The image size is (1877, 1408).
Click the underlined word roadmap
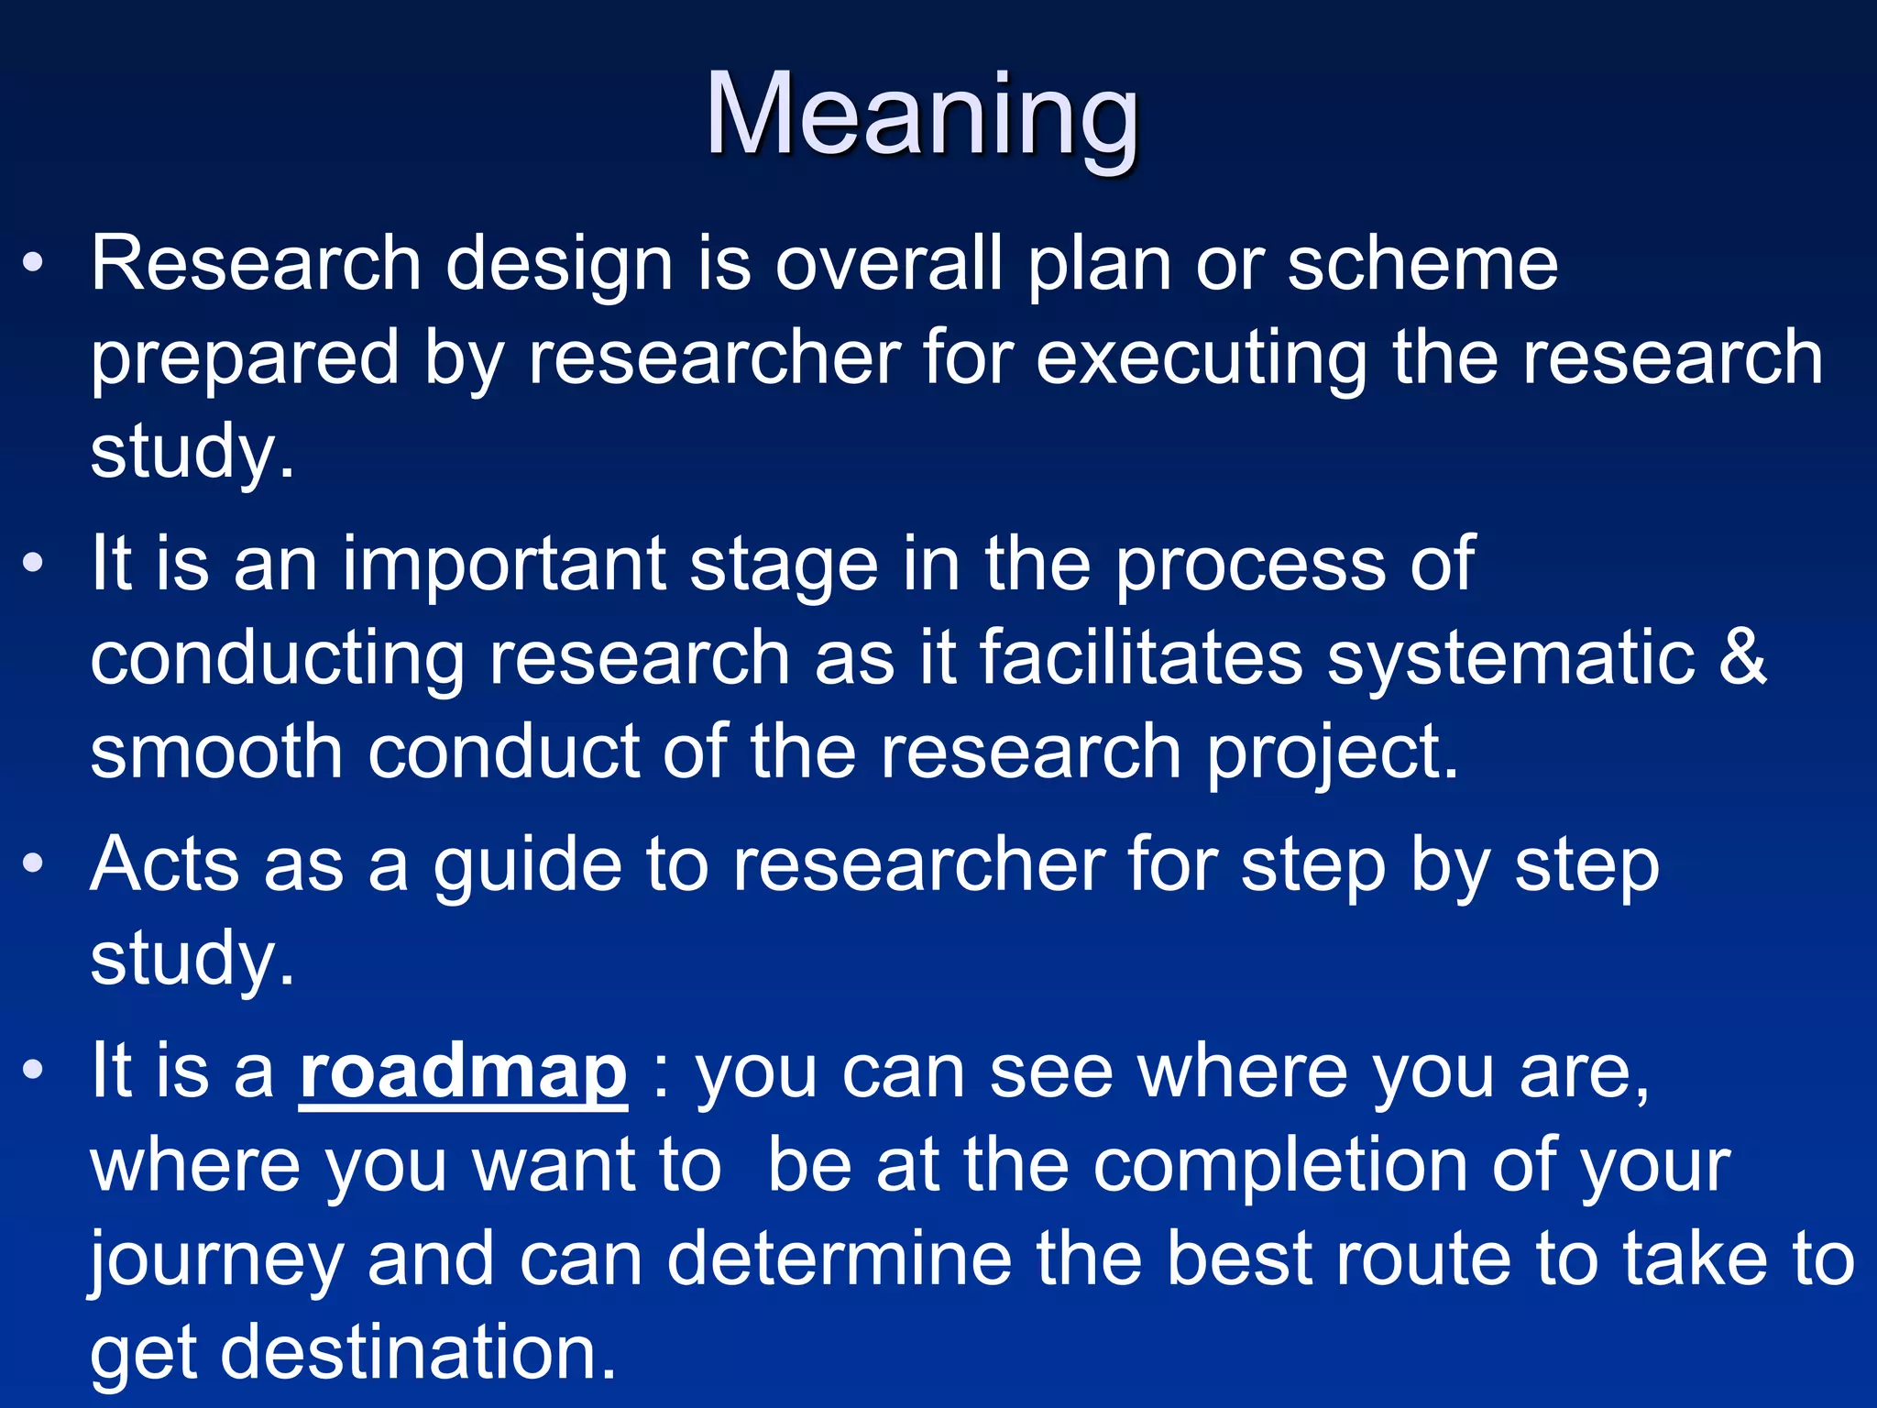click(463, 1072)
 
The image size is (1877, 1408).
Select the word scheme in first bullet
click(1422, 264)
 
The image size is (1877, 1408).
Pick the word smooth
click(216, 751)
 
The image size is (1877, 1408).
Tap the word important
click(503, 565)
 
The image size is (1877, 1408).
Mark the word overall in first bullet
click(888, 264)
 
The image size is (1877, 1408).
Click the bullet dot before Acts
click(34, 863)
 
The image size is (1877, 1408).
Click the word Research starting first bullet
click(256, 264)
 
